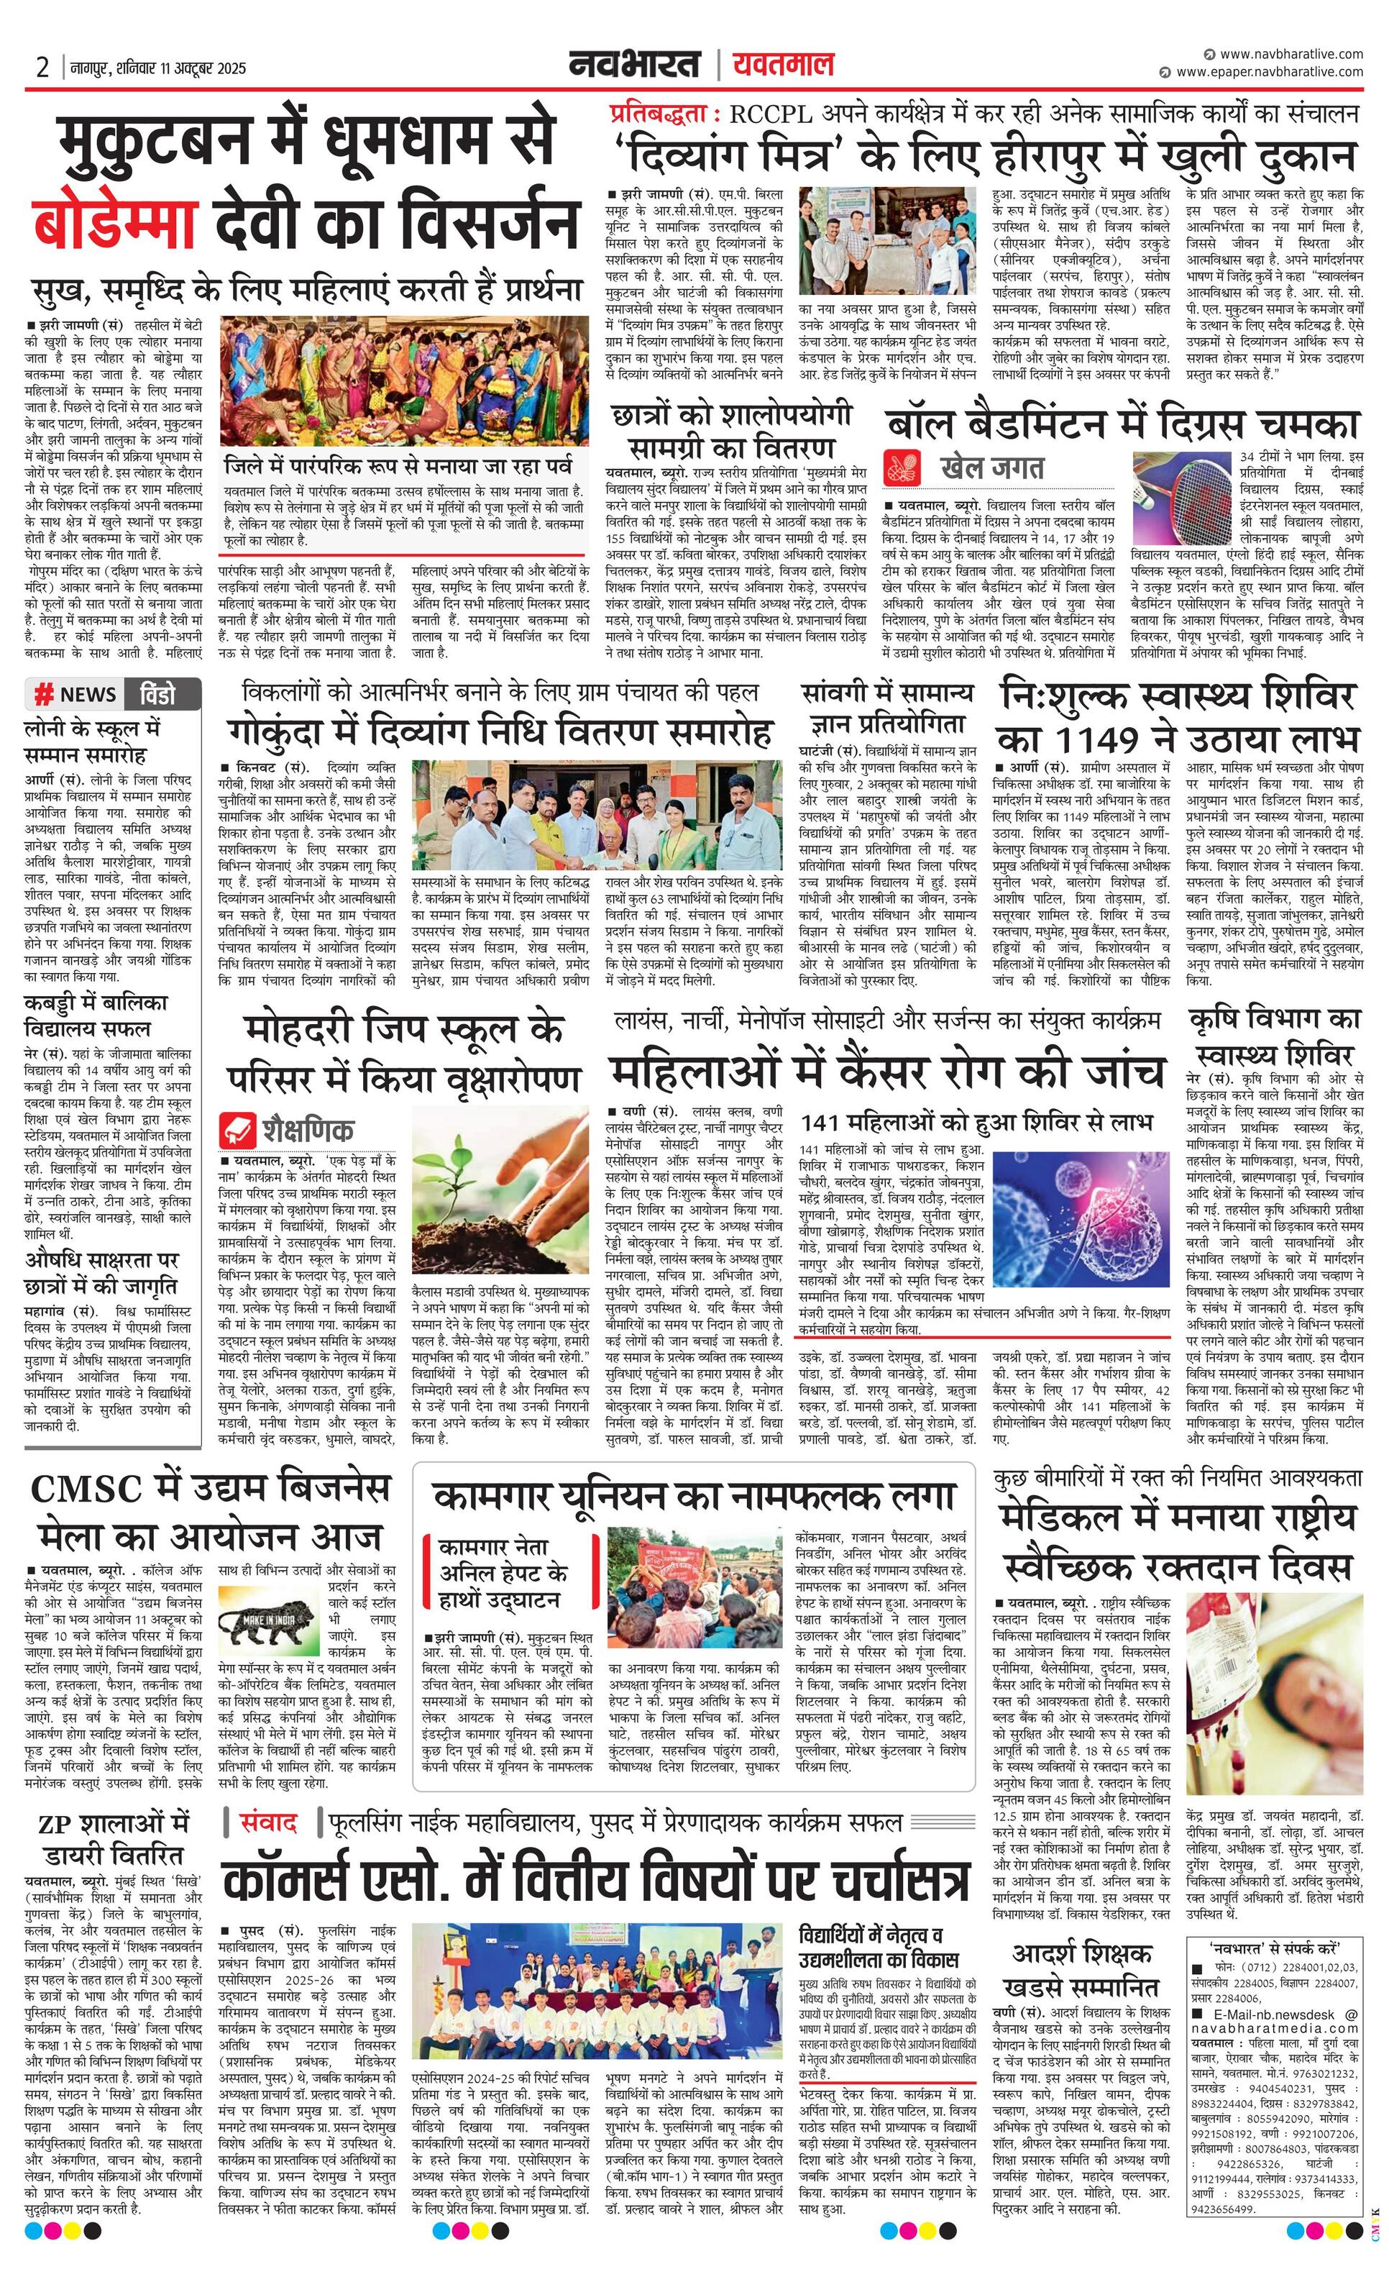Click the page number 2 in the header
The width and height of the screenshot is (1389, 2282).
tap(42, 68)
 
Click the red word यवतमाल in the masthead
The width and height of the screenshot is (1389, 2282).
tap(782, 65)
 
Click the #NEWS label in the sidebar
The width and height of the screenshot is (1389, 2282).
tap(75, 695)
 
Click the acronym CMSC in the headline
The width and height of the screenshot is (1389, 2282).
tap(87, 1489)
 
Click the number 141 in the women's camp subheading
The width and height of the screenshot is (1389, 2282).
tap(822, 1123)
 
